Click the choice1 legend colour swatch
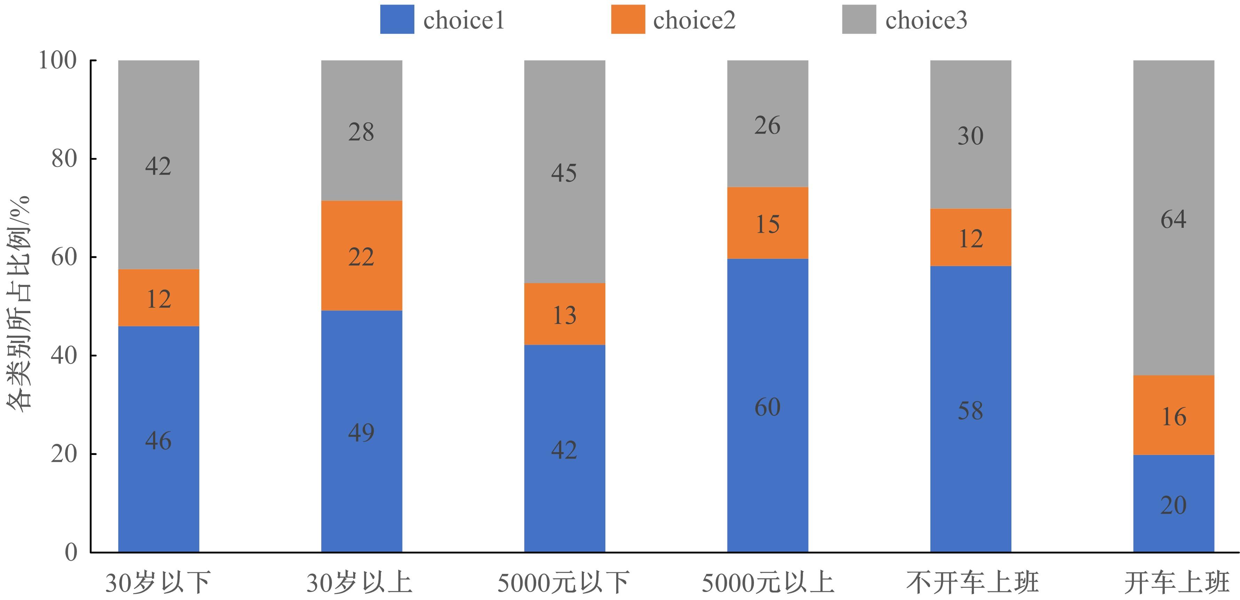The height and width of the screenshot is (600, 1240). click(x=397, y=19)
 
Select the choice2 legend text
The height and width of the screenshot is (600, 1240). click(x=694, y=20)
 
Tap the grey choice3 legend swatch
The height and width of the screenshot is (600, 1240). click(x=859, y=19)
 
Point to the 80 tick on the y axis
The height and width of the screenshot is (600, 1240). click(x=64, y=159)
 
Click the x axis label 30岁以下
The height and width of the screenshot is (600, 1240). click(x=158, y=583)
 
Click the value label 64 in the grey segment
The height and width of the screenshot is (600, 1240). click(x=1173, y=219)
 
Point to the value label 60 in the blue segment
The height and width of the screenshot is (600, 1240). click(x=767, y=407)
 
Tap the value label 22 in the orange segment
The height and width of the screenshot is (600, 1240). click(x=361, y=257)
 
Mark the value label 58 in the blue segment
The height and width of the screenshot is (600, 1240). click(x=970, y=411)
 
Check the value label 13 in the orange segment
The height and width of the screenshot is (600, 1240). click(x=564, y=315)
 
